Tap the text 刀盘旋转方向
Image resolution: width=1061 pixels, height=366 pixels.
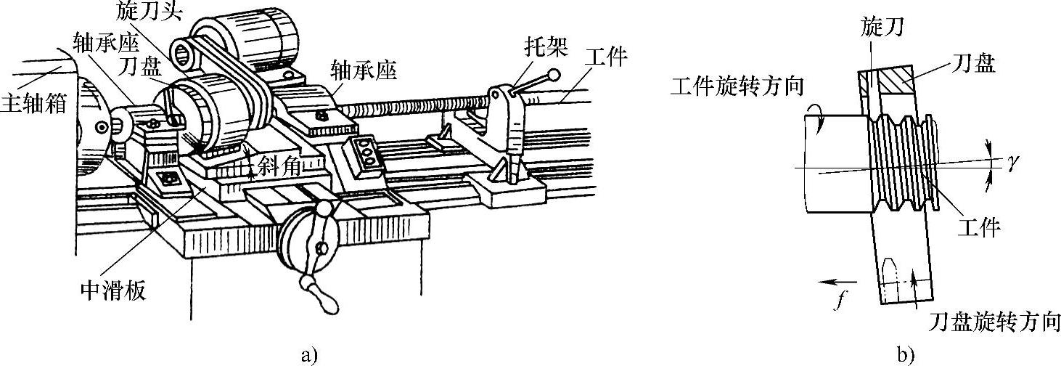coord(994,320)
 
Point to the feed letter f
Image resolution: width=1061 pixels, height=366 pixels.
coord(838,299)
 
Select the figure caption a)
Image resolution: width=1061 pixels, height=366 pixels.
coord(309,355)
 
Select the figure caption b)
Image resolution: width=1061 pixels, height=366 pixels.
coord(905,355)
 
